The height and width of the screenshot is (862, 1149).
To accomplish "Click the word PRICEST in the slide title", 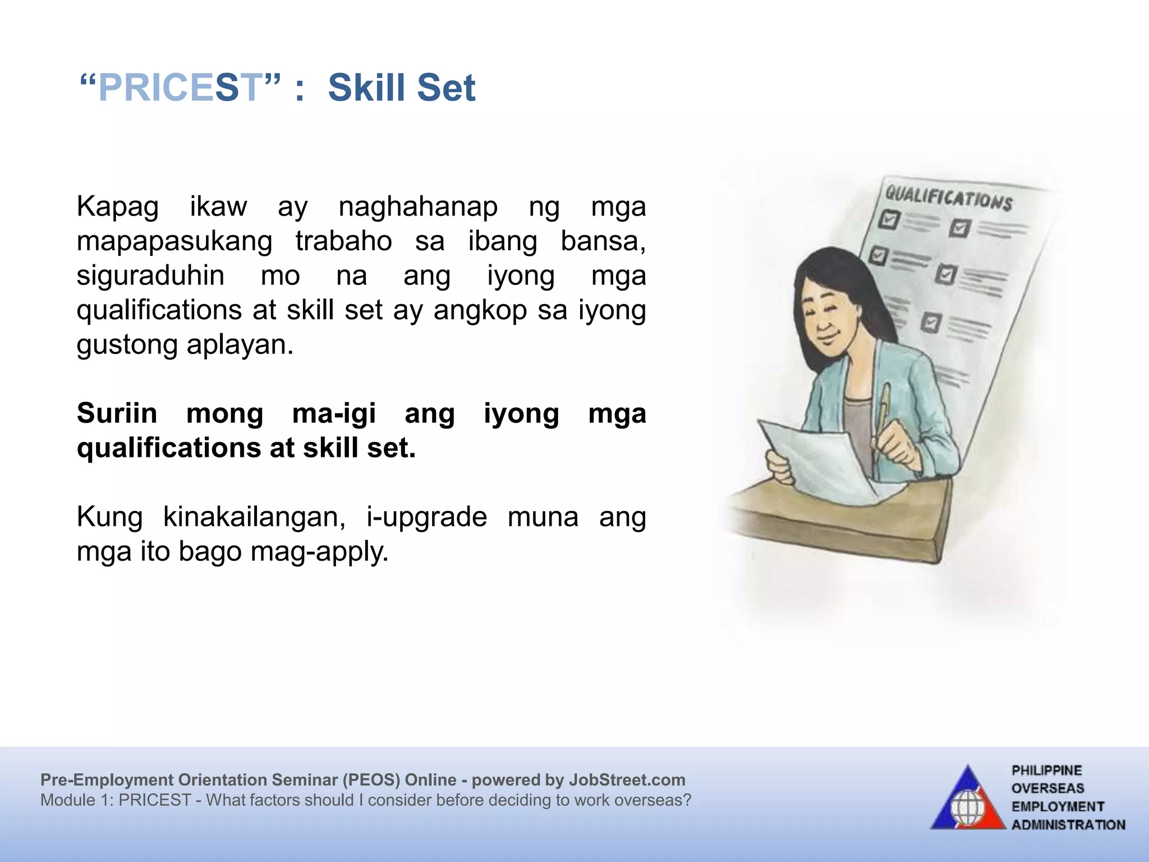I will tap(180, 88).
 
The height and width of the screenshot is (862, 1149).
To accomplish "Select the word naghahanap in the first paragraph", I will tap(418, 207).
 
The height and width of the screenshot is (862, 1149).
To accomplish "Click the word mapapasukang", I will tap(174, 242).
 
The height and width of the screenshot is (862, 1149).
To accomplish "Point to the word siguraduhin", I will tap(150, 276).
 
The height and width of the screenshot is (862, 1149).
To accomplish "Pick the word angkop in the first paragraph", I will tap(480, 310).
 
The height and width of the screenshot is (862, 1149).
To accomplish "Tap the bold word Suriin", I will tap(117, 414).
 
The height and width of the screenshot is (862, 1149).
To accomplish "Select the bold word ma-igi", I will tap(334, 414).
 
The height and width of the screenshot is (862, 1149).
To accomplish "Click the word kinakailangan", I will tap(254, 517).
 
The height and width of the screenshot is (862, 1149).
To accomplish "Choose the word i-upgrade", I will tap(426, 517).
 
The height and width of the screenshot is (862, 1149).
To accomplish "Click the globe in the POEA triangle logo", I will tap(967, 809).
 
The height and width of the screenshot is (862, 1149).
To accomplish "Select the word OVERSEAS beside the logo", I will tap(1047, 788).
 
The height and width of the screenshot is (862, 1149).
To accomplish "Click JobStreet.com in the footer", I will tap(627, 780).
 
